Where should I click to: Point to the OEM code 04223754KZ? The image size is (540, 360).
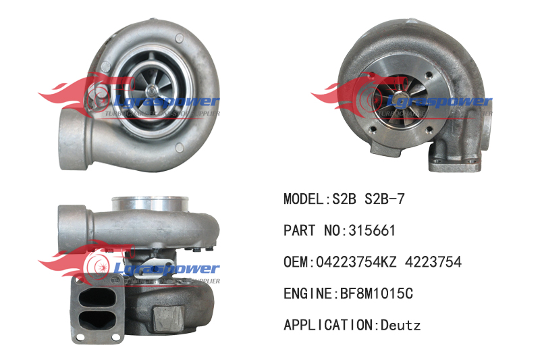[x=356, y=262]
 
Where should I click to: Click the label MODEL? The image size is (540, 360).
[x=303, y=199]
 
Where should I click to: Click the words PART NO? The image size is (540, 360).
[x=311, y=230]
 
